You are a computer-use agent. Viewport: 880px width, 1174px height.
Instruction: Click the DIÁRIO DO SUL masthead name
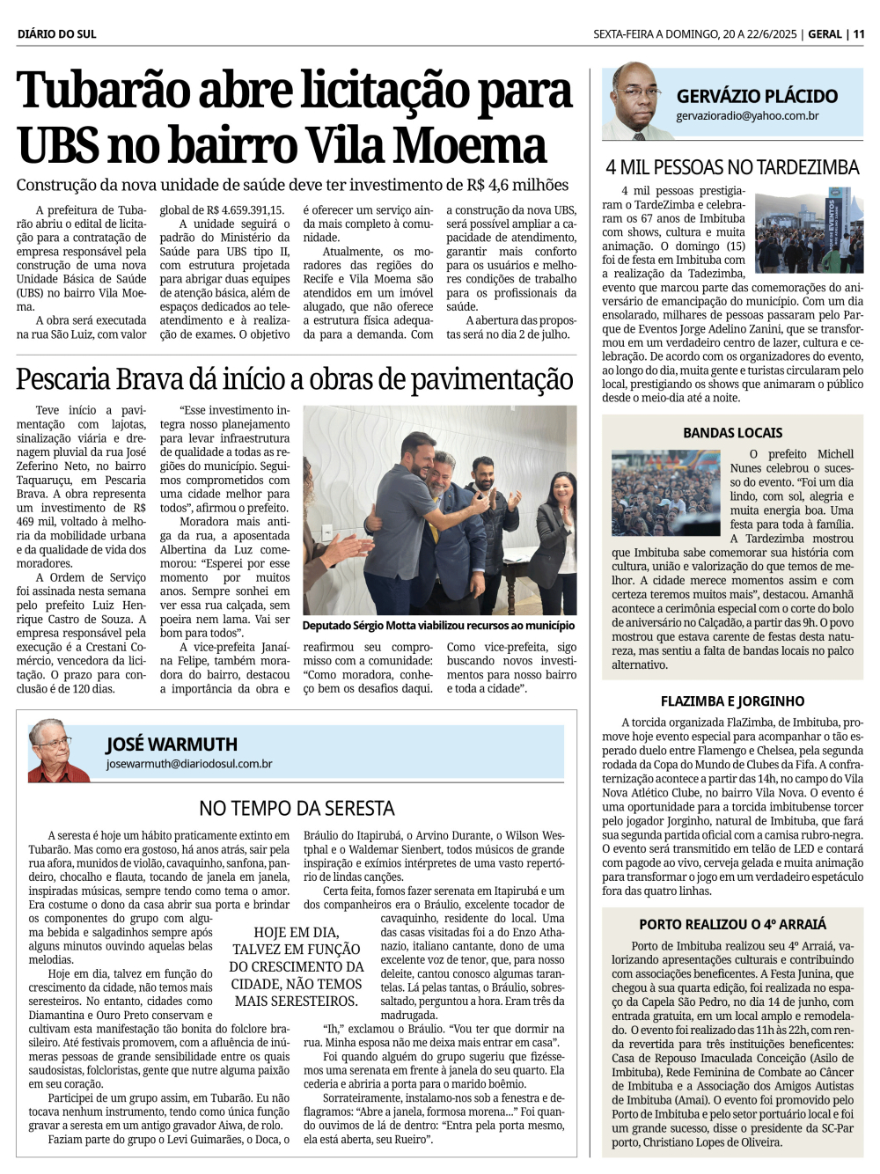tap(56, 34)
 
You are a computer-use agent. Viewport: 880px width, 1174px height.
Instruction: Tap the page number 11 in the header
tap(858, 34)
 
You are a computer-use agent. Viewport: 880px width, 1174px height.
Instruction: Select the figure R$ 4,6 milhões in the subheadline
tap(517, 186)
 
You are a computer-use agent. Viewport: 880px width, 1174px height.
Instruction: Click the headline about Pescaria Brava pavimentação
tap(295, 380)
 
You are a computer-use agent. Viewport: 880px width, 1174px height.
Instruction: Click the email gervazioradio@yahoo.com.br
tap(747, 116)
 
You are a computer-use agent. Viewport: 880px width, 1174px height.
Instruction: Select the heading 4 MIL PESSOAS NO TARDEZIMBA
tap(732, 167)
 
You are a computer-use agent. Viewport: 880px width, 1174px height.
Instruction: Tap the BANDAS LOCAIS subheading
tap(732, 433)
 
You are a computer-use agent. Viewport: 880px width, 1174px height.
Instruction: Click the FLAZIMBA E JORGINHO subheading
tap(732, 701)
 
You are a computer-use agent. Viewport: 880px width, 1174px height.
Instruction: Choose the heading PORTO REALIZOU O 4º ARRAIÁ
tap(732, 925)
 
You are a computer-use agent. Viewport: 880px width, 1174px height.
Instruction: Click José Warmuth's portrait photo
tap(58, 751)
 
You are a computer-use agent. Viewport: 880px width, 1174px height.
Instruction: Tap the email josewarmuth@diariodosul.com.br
tap(188, 764)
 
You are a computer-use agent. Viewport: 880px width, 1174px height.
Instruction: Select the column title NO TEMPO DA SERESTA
tap(297, 808)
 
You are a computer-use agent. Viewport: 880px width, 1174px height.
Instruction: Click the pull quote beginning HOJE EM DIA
tap(297, 966)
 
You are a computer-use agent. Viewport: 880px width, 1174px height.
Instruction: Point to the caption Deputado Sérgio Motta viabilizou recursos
tap(438, 626)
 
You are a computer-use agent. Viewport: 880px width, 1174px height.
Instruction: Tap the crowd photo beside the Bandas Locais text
tap(665, 493)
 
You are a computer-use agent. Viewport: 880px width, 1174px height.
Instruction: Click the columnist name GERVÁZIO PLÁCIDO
tap(756, 96)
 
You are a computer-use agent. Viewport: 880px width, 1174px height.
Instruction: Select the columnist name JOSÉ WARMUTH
tap(172, 745)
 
